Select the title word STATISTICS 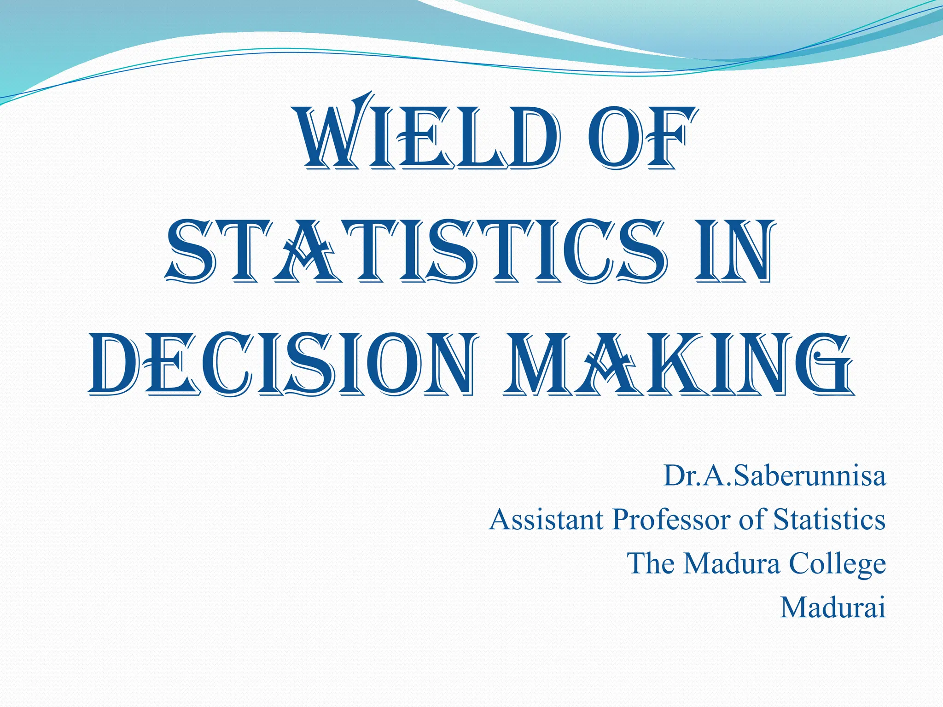[415, 251]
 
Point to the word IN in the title [732, 251]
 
